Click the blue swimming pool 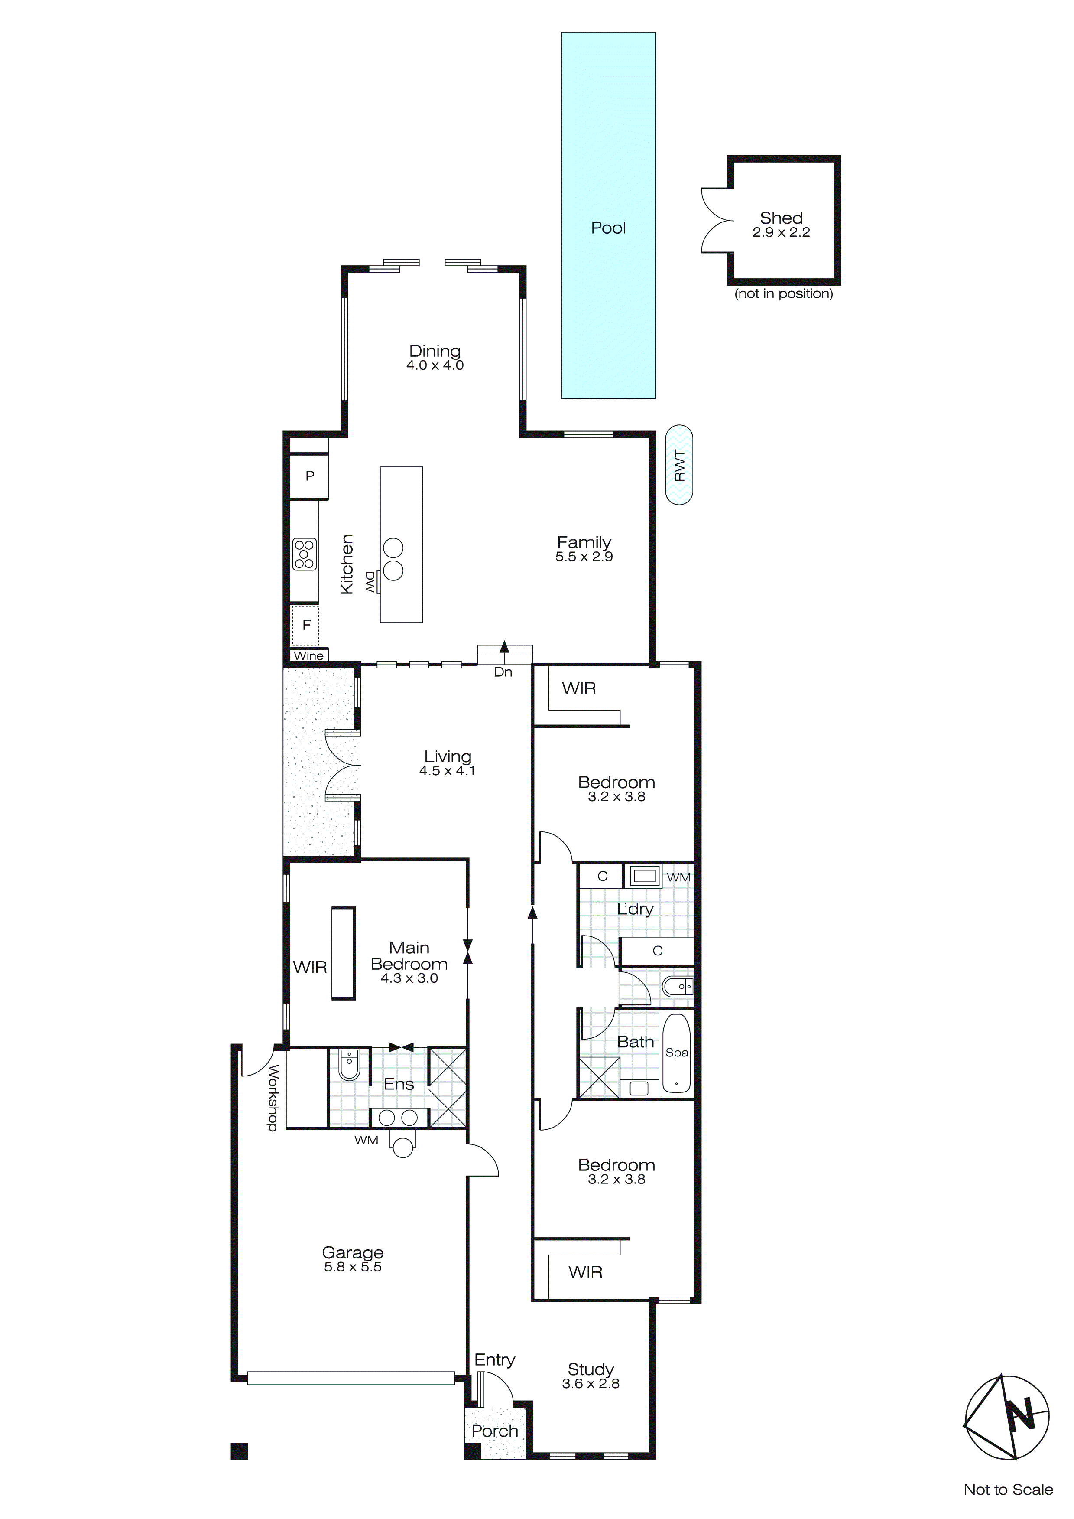click(608, 215)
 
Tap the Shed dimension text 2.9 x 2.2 click(781, 232)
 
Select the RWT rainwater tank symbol click(679, 465)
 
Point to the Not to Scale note click(1008, 1489)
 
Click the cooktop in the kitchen click(305, 554)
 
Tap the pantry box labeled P click(309, 476)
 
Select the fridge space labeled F click(306, 625)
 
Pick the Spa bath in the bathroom click(677, 1053)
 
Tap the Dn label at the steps click(503, 672)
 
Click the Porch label click(495, 1430)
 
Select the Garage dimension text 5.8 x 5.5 click(353, 1267)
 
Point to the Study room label click(591, 1369)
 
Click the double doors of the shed click(715, 220)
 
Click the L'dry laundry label click(635, 909)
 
